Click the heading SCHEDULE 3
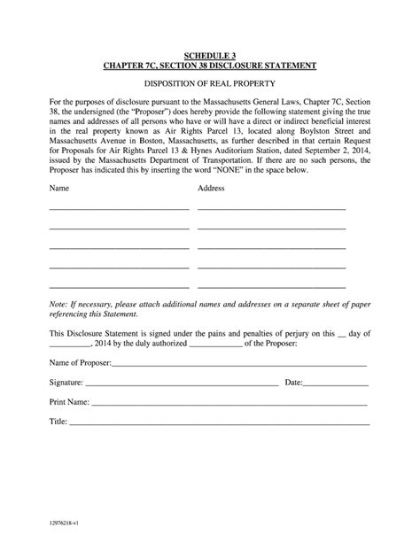pos(209,55)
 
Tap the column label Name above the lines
pos(58,189)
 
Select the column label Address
pos(211,189)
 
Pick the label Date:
pos(294,383)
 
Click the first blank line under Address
pos(271,207)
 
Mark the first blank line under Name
pos(119,207)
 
